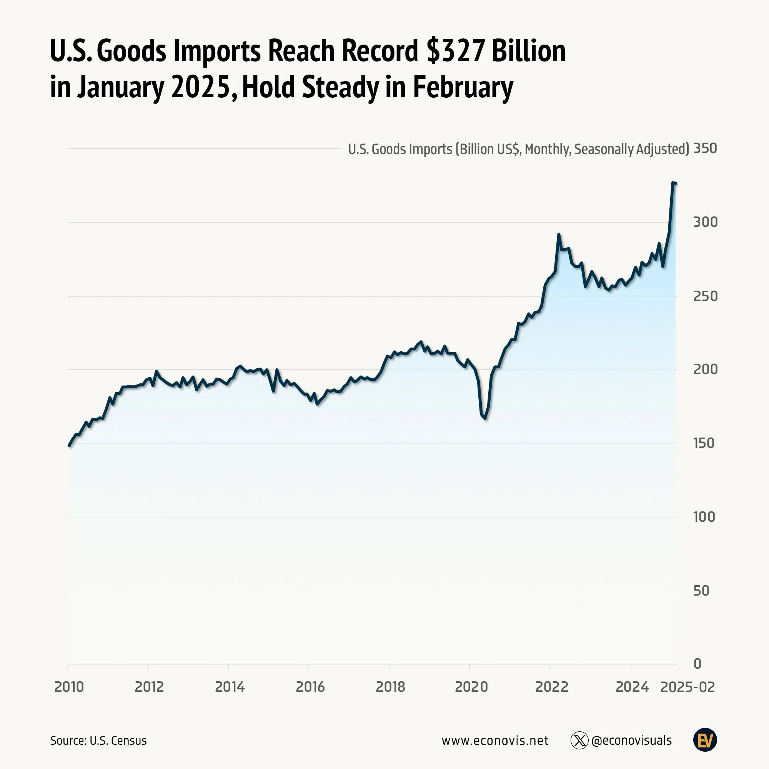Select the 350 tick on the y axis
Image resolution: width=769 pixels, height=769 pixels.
coord(705,148)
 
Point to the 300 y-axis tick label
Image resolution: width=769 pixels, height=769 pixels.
coord(705,222)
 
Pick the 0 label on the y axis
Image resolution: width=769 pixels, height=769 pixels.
coord(697,664)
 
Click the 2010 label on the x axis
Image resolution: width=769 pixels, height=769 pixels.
coord(69,687)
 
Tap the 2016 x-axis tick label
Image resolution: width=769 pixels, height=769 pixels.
coord(310,687)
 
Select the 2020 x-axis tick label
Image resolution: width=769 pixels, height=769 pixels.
coord(471,687)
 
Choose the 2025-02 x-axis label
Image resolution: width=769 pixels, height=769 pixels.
coord(687,687)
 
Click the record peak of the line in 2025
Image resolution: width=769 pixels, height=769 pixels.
coord(672,183)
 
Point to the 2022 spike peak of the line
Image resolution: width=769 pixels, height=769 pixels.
coord(559,235)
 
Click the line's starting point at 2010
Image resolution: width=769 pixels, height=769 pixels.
coord(69,446)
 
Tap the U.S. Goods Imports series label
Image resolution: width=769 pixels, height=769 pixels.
coord(518,149)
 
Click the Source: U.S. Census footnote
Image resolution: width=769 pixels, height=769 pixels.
coord(98,741)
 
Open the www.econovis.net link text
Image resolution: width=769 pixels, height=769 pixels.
coord(495,741)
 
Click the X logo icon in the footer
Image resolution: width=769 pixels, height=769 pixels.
coord(579,741)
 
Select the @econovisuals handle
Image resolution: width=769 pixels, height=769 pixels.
coord(631,741)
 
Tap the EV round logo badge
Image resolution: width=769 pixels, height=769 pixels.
coord(705,740)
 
